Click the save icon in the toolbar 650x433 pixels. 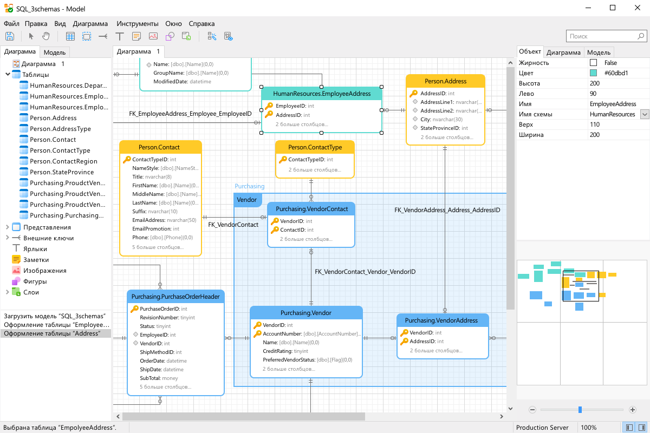tap(10, 36)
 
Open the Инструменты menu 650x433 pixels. tap(137, 24)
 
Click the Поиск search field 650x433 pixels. tap(602, 36)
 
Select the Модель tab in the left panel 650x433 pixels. tap(55, 52)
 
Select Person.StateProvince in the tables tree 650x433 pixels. tap(62, 172)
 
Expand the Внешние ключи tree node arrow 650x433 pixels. tap(8, 238)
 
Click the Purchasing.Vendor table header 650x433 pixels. tap(306, 313)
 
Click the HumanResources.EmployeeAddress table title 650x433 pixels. tap(322, 94)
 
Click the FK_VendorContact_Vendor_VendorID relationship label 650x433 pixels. tap(365, 272)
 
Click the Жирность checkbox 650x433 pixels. tap(594, 63)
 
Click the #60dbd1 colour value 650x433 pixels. tap(616, 73)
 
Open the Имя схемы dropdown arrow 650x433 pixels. tap(645, 114)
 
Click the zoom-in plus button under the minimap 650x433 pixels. tap(633, 410)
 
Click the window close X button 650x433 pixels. tap(637, 8)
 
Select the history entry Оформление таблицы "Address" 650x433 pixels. tap(52, 333)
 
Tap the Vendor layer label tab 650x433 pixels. tap(247, 200)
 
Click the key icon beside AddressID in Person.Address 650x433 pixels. tap(413, 94)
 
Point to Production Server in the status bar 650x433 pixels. tap(542, 428)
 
